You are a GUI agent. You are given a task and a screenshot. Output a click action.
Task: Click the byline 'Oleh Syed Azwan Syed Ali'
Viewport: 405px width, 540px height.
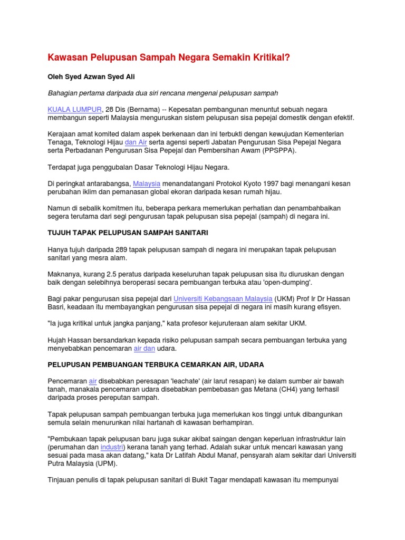click(91, 76)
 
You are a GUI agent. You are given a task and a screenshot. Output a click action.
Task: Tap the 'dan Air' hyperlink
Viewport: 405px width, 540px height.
click(136, 142)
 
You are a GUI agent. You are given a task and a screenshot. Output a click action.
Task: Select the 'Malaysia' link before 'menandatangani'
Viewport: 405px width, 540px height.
click(146, 184)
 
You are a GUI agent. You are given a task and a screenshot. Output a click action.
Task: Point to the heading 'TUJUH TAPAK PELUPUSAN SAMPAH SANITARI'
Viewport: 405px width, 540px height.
click(124, 233)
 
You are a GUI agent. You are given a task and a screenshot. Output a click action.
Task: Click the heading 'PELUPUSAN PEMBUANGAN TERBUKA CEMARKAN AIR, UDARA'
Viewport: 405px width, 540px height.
click(156, 364)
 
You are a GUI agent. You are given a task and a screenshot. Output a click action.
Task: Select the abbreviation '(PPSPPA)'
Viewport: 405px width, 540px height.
click(278, 150)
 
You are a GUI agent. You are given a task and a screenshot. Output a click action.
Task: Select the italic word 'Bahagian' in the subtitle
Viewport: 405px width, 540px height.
click(64, 93)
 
